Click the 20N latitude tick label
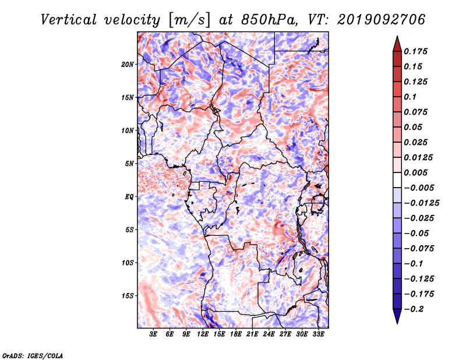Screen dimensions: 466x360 point(128,65)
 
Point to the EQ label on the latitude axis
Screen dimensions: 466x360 point(129,197)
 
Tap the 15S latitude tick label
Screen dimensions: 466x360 point(128,296)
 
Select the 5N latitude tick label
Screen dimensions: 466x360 point(129,164)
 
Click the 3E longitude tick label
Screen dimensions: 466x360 point(153,334)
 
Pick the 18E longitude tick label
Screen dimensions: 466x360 point(236,334)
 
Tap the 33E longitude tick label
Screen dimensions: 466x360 point(318,334)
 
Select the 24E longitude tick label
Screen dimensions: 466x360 point(269,334)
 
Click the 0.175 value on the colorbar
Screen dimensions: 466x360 point(415,51)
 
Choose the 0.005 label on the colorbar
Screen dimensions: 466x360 point(415,172)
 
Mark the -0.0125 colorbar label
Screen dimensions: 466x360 point(421,203)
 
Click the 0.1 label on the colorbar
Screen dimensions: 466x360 point(410,97)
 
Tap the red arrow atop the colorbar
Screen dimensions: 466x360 point(397,44)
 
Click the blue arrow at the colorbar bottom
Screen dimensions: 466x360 point(397,316)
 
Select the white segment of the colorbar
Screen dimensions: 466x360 point(397,180)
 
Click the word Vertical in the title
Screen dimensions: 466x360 point(69,20)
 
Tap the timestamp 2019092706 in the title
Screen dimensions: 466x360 point(382,20)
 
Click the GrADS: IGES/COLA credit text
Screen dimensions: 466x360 point(33,356)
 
